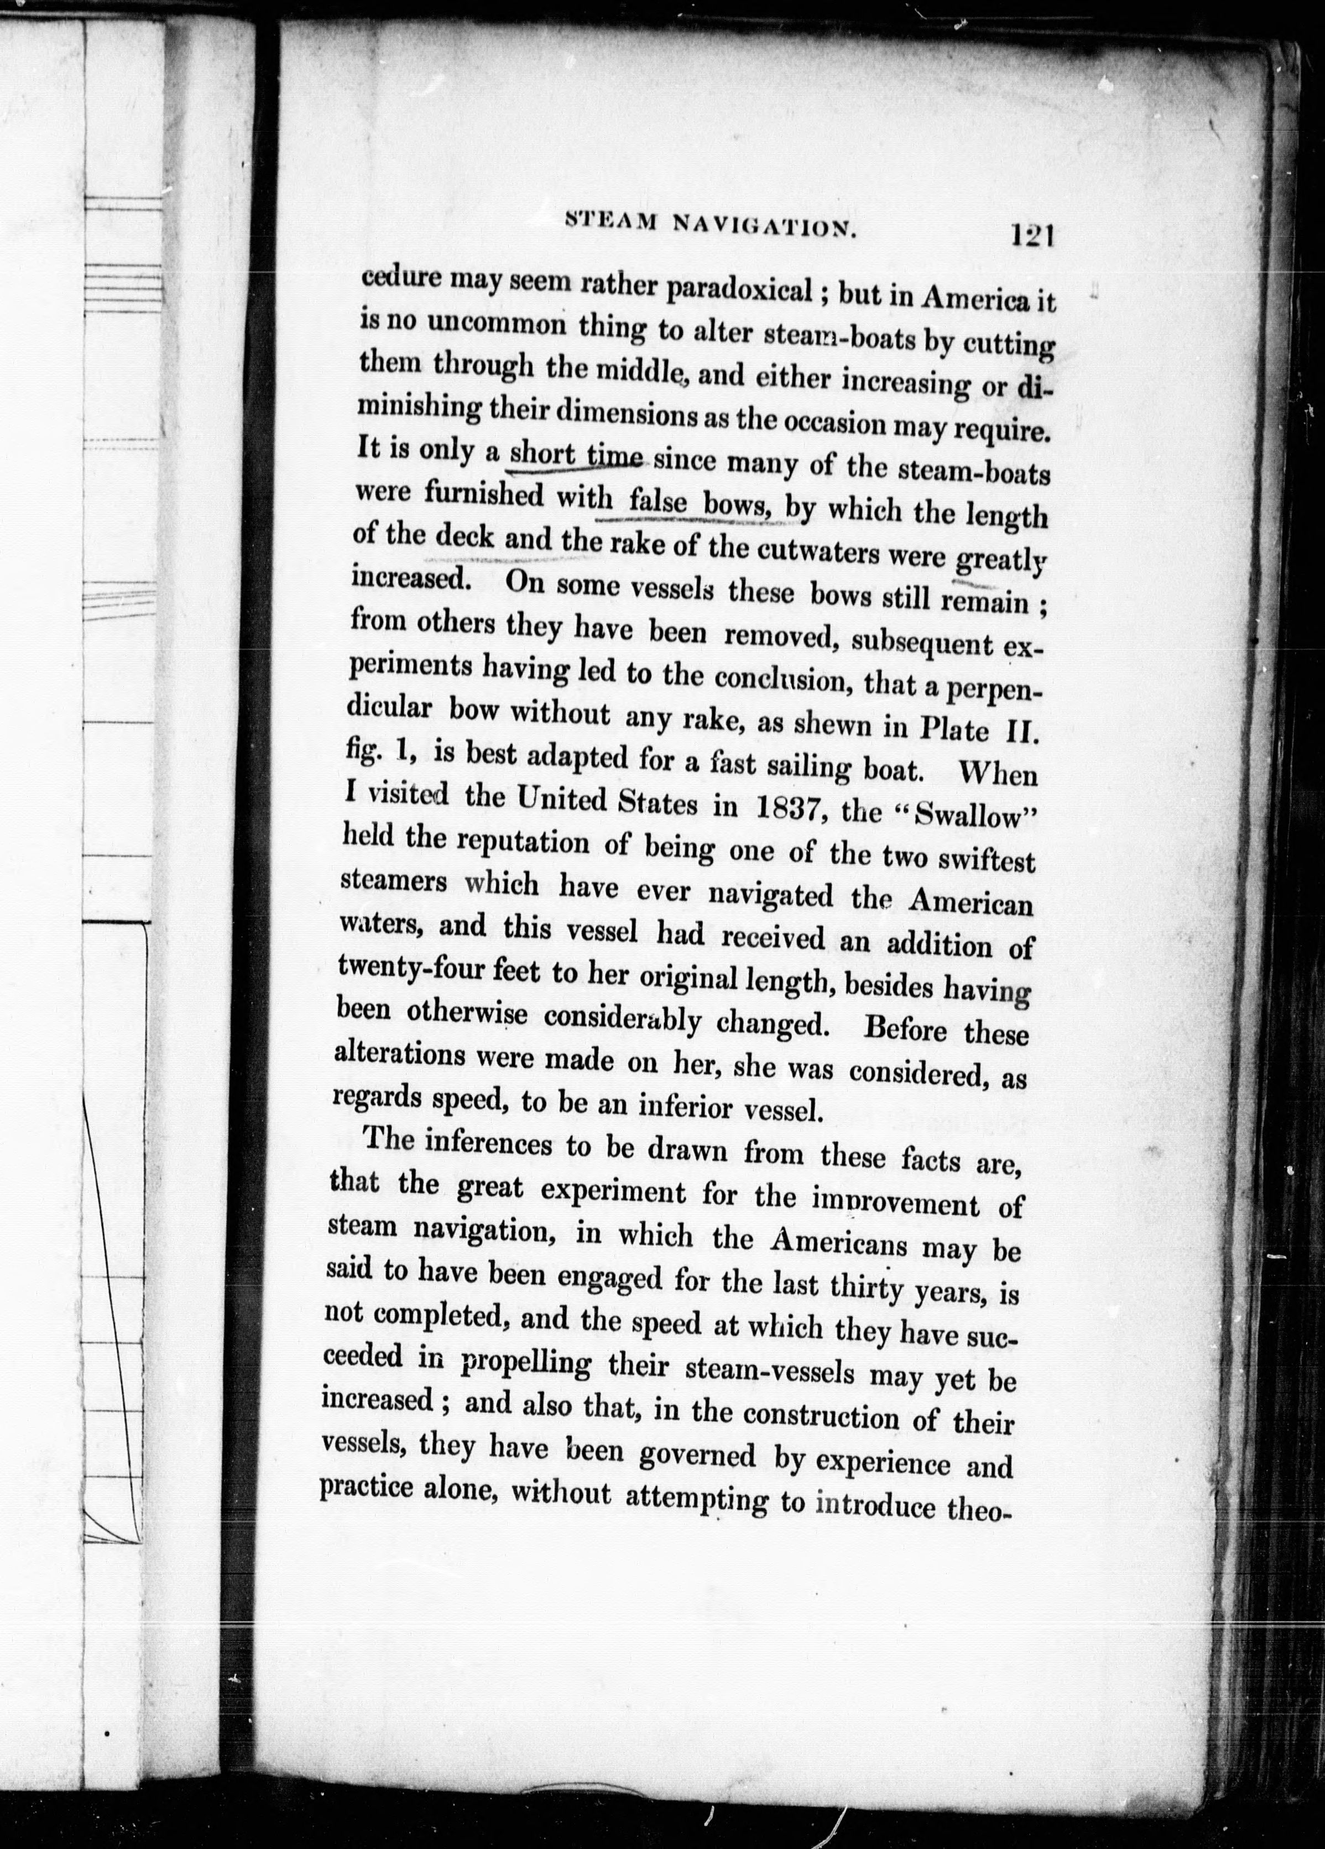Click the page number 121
click(x=1033, y=237)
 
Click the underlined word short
click(x=542, y=453)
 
